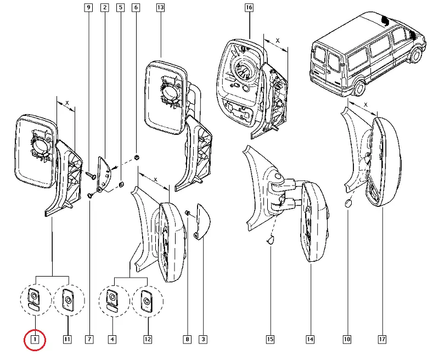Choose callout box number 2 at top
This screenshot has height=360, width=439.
click(x=104, y=8)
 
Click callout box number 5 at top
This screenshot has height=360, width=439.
click(x=120, y=8)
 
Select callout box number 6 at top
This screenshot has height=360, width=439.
click(x=136, y=8)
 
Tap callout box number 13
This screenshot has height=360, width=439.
click(x=160, y=8)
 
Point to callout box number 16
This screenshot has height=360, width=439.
click(x=249, y=8)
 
